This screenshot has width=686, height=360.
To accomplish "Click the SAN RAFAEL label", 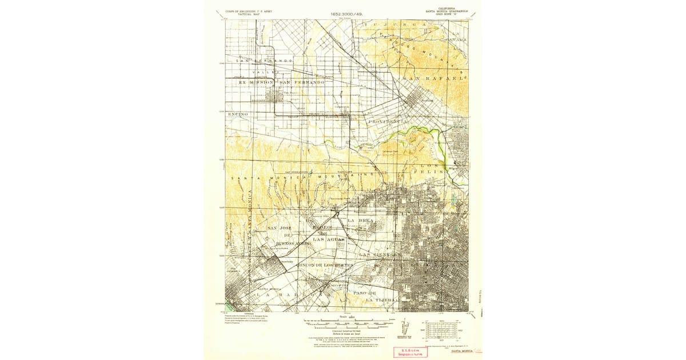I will pos(435,78).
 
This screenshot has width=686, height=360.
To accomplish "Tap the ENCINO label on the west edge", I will pos(238,114).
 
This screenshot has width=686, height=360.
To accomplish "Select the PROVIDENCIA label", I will pos(388,122).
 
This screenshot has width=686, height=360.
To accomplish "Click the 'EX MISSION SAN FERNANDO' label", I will pos(282,82).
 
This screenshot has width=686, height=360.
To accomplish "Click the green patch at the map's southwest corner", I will pos(229,307).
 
